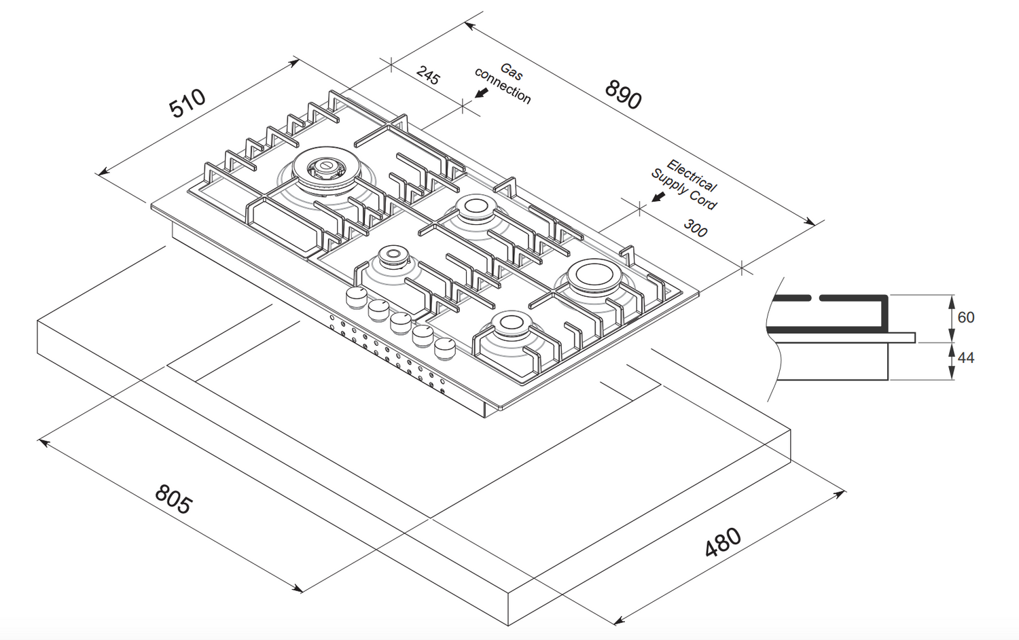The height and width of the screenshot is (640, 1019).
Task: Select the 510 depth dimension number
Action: (x=187, y=103)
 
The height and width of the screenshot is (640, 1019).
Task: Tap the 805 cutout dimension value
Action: (x=173, y=499)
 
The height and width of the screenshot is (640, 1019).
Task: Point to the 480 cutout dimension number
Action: (x=723, y=542)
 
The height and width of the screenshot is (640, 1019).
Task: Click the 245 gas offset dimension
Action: (x=428, y=75)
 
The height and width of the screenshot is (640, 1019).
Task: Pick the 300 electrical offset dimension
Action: (x=696, y=228)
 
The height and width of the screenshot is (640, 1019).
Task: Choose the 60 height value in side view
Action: (x=966, y=317)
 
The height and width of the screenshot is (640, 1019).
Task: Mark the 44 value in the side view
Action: (x=966, y=358)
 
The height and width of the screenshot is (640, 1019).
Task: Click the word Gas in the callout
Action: (x=512, y=71)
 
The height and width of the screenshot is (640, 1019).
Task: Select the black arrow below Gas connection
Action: (x=481, y=93)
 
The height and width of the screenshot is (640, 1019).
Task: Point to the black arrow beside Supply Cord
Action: (x=658, y=197)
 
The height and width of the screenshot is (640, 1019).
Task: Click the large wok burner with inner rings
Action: (x=327, y=172)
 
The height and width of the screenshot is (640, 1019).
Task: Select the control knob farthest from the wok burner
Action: (x=444, y=349)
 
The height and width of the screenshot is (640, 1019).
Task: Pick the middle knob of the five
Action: (x=400, y=323)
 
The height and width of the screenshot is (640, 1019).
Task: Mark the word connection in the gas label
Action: (x=502, y=86)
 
